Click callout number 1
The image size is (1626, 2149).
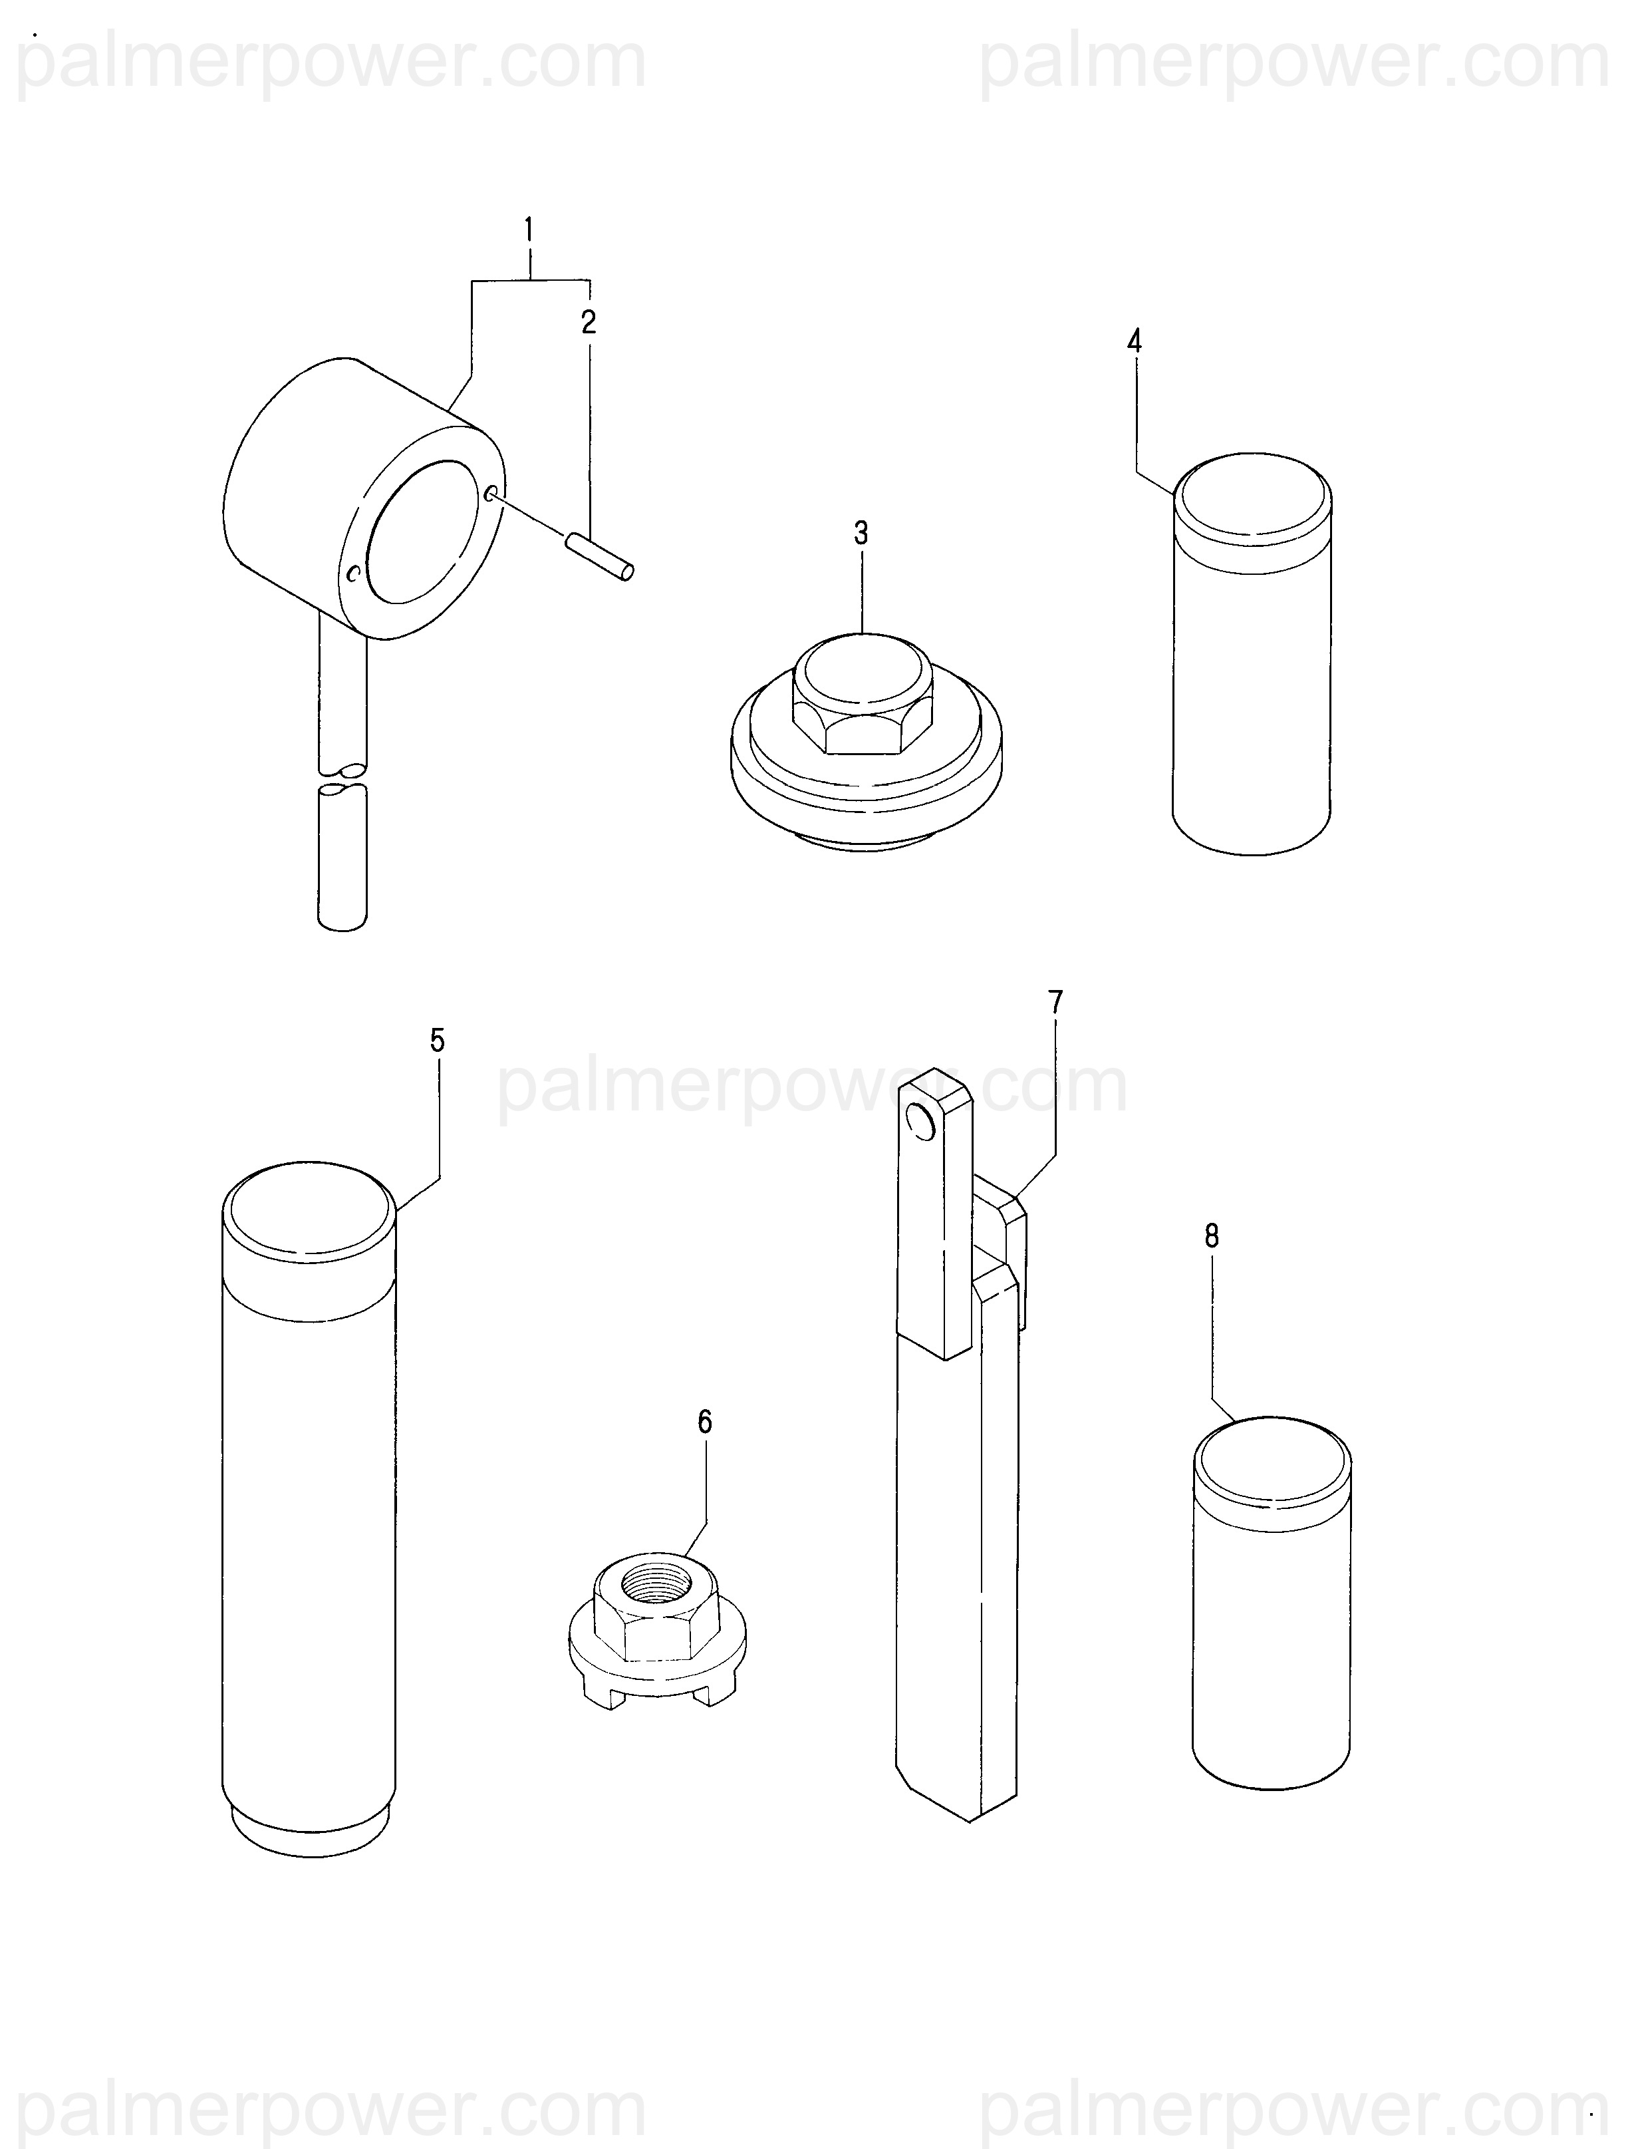[529, 232]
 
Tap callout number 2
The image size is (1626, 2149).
[589, 323]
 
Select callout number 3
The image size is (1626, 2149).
[861, 534]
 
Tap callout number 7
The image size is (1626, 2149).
[1056, 1001]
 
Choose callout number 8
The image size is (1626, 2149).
[1211, 1236]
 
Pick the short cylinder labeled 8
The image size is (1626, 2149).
[1272, 1602]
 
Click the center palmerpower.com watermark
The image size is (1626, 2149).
[812, 1086]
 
